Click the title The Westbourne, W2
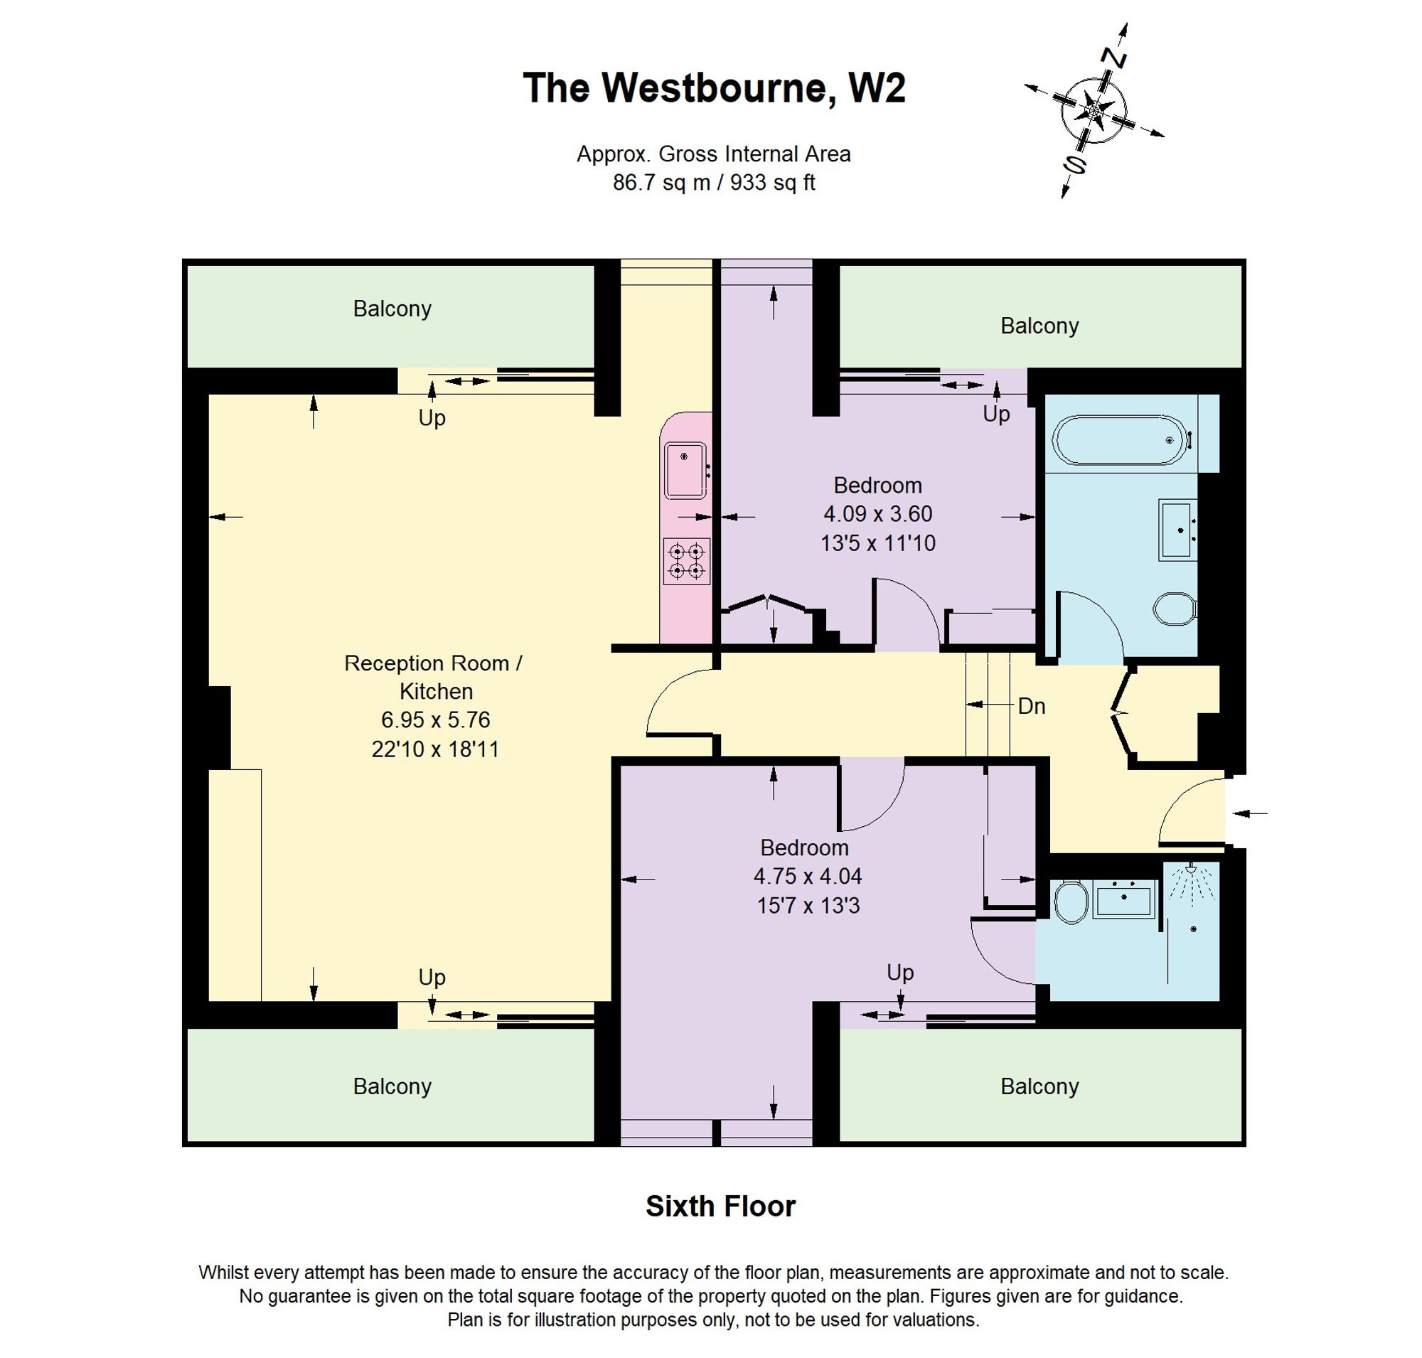(x=714, y=88)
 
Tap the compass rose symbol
(x=1094, y=111)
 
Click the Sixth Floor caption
(x=720, y=1206)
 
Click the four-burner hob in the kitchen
(x=686, y=561)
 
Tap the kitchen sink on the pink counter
(x=685, y=471)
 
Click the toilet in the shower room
(x=1071, y=902)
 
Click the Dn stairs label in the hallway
(x=1031, y=707)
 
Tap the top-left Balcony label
(x=392, y=309)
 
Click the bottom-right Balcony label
(x=1039, y=1086)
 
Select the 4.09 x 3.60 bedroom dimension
(x=877, y=514)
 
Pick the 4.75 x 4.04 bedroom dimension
(x=807, y=876)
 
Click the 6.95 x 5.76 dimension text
(x=435, y=720)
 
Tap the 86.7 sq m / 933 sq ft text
(x=713, y=183)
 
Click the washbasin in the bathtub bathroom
(x=1178, y=529)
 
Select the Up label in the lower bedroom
(x=900, y=972)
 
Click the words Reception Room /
(x=433, y=663)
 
